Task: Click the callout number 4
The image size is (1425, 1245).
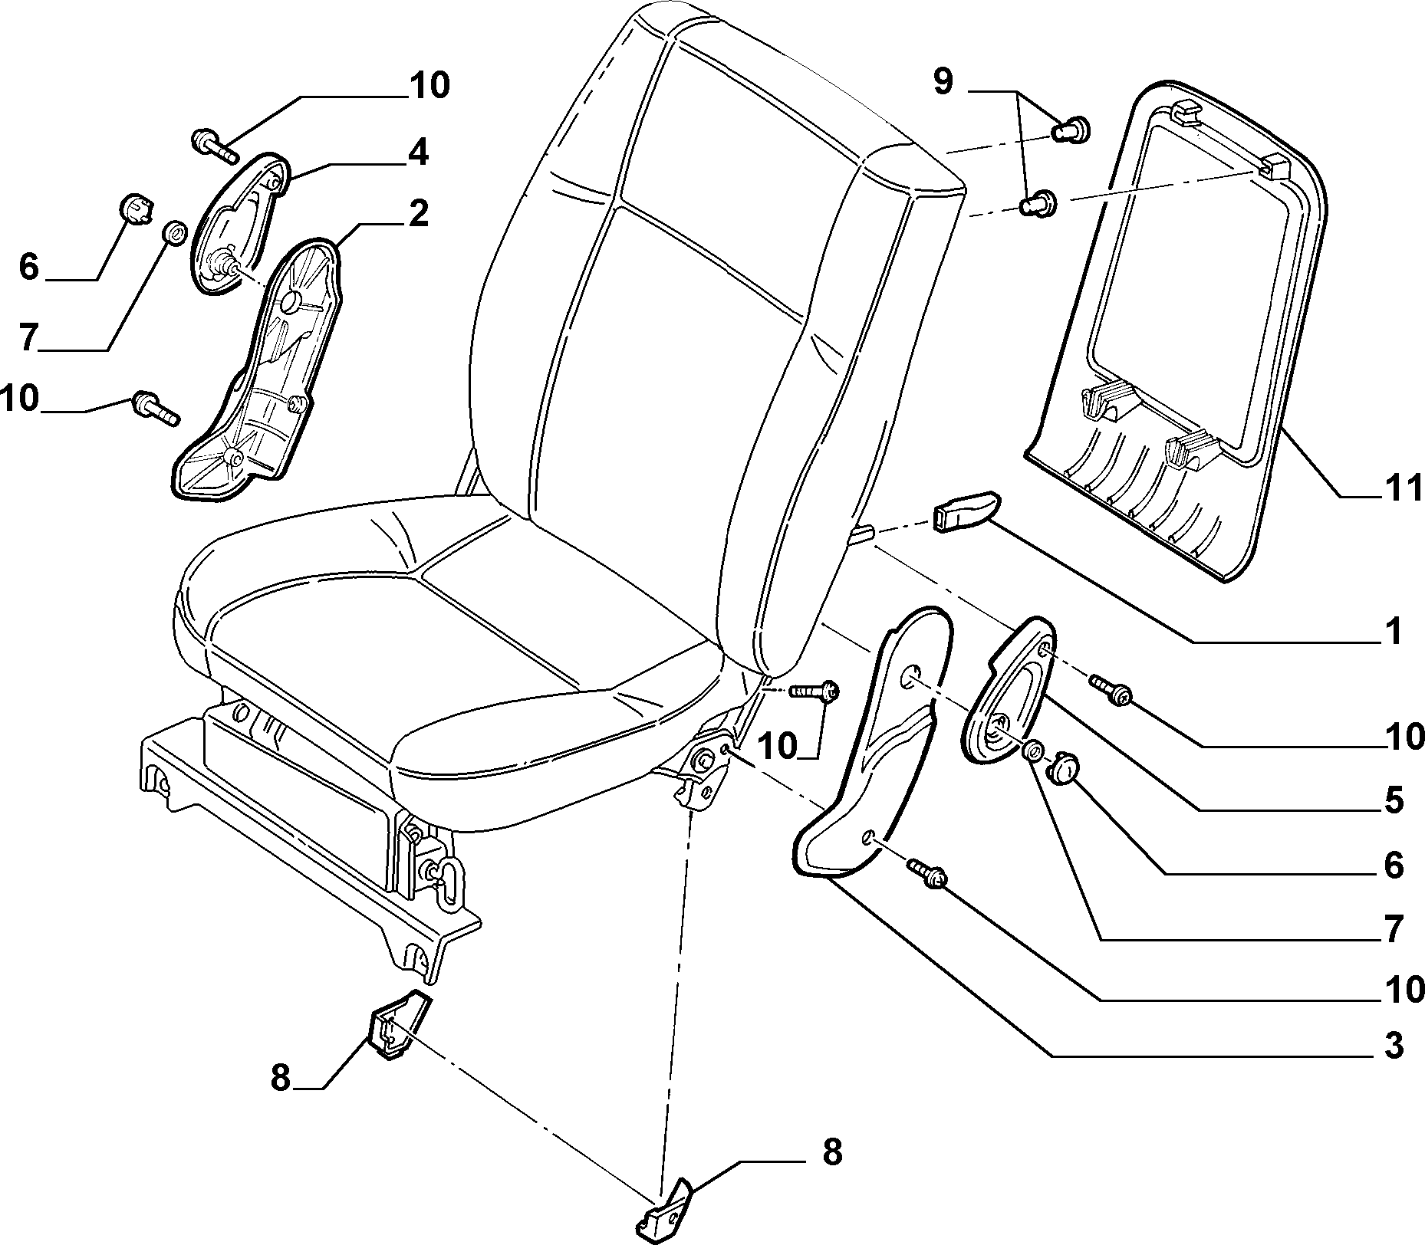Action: coord(417,153)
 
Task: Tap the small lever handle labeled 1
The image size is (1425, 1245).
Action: coord(966,510)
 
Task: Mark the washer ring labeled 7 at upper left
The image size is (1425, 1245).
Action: coord(176,232)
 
